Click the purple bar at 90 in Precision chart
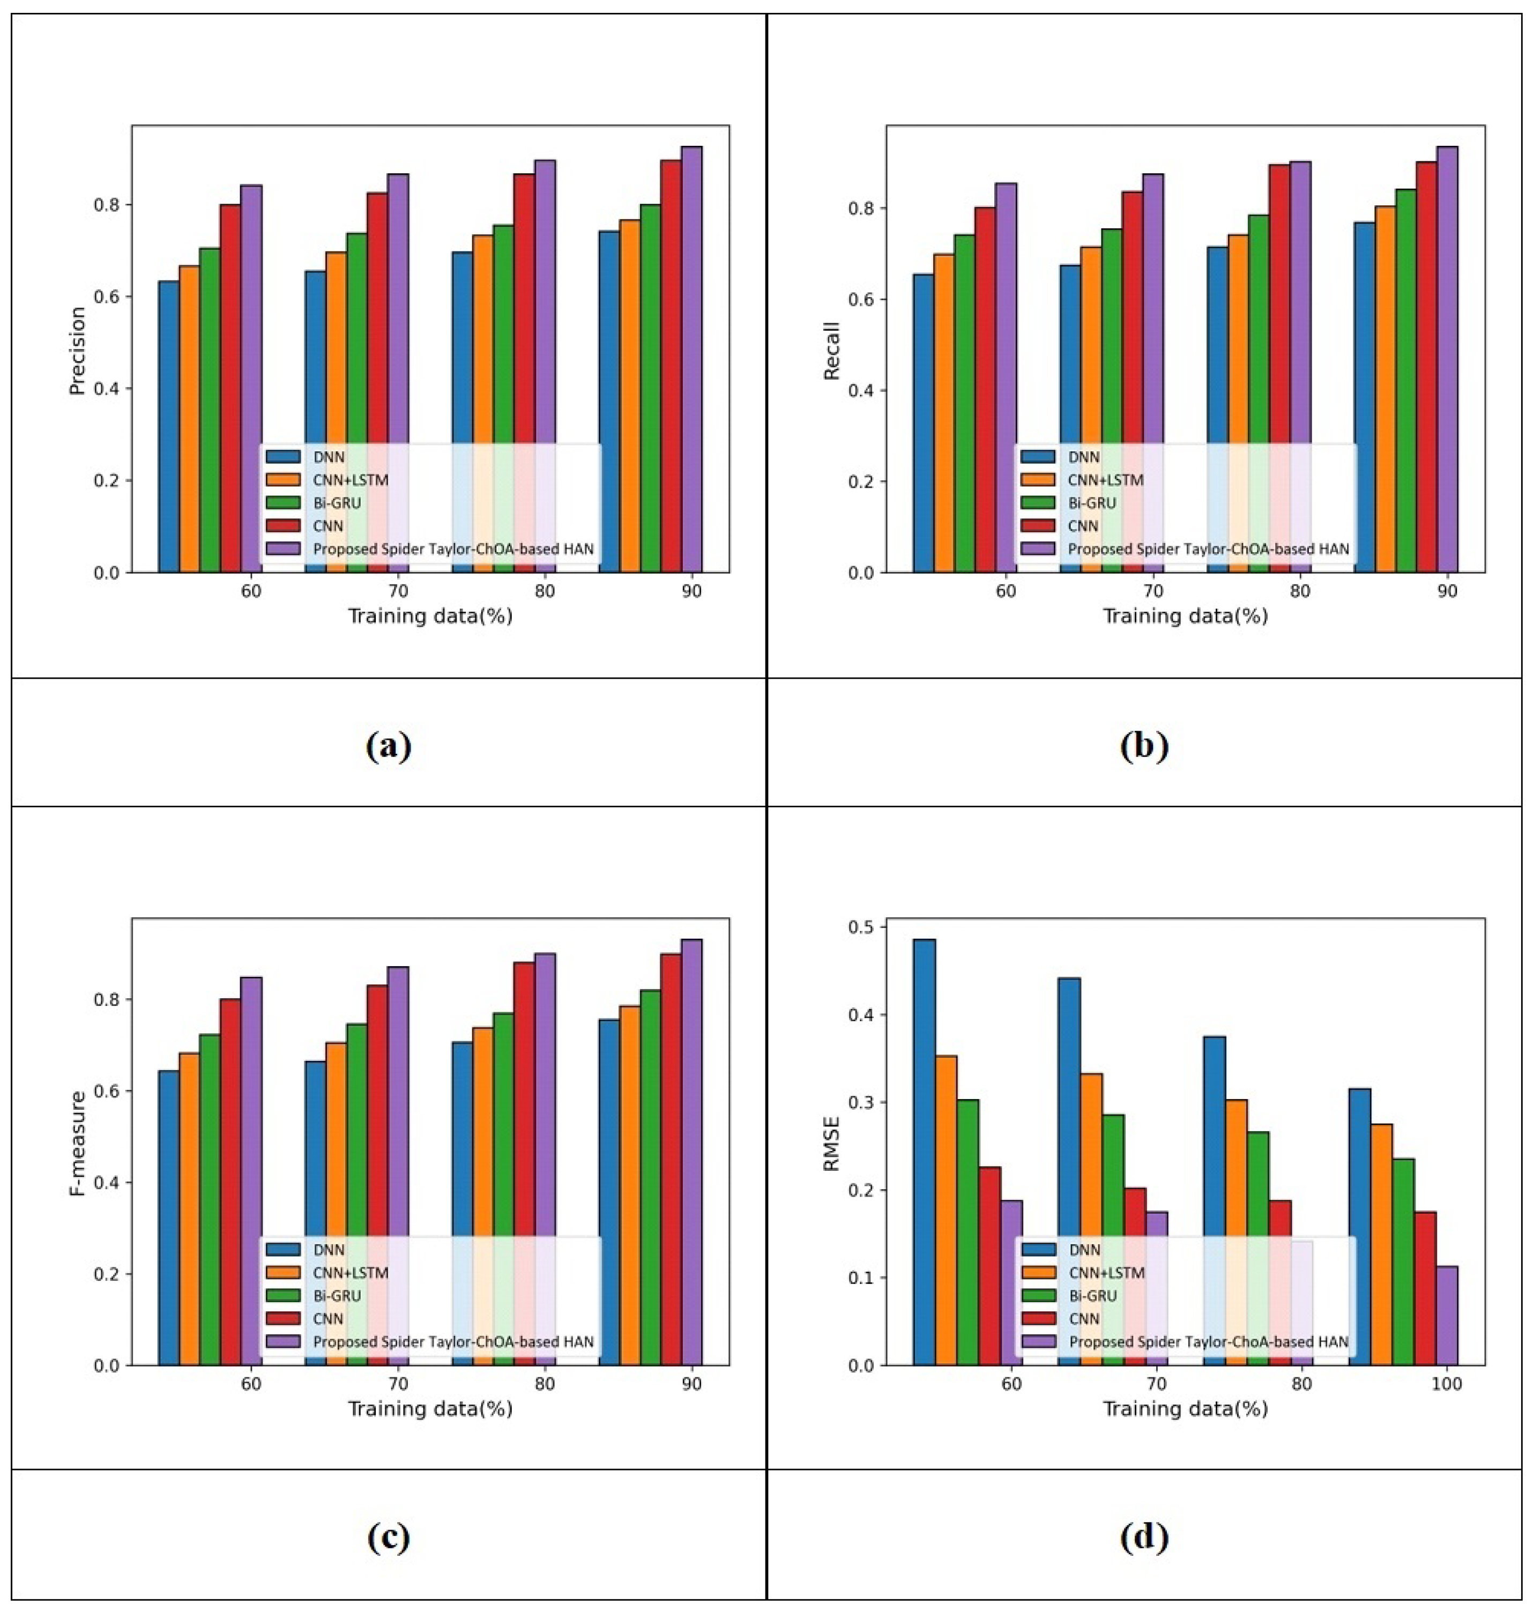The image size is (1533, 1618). click(691, 360)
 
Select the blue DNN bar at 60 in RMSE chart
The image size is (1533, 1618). click(924, 1152)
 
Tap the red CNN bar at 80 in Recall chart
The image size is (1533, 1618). click(1279, 368)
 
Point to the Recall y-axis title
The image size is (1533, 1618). click(832, 351)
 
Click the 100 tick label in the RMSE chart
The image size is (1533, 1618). click(1446, 1384)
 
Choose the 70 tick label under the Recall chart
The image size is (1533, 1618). click(1153, 591)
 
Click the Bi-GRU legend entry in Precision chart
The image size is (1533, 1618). click(337, 502)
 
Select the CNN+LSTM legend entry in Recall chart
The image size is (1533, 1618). click(1105, 480)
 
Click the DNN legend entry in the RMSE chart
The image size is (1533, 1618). click(1084, 1250)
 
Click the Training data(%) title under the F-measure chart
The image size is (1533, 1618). click(430, 1409)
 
